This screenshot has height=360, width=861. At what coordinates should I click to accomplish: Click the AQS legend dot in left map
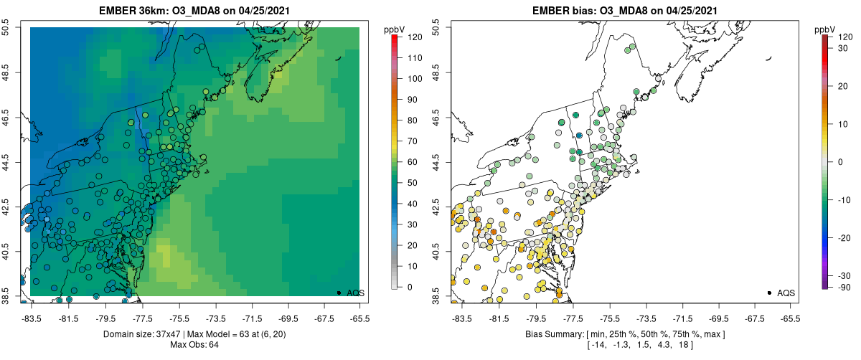coord(339,293)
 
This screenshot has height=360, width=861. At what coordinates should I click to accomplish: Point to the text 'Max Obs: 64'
coord(195,345)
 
